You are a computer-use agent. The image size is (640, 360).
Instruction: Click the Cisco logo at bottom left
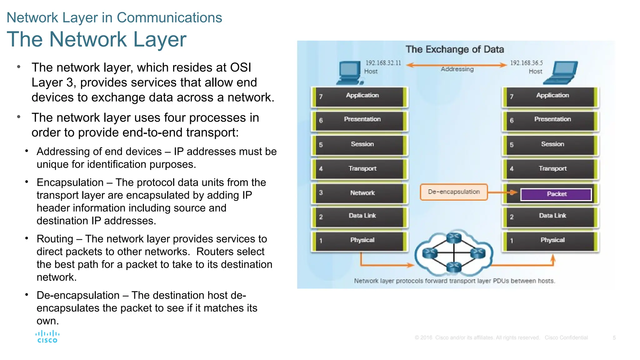(47, 337)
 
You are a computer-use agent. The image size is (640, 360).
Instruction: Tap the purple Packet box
(556, 194)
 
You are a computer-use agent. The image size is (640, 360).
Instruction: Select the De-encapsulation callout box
(453, 192)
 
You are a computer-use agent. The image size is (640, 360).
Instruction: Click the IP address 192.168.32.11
(383, 63)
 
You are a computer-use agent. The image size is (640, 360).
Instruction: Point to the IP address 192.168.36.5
(526, 63)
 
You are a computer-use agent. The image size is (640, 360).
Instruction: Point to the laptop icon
(561, 73)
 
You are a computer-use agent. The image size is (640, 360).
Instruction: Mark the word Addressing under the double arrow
(457, 69)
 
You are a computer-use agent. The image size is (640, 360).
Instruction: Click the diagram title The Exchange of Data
(455, 49)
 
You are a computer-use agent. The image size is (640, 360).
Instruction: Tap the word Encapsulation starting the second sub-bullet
(70, 182)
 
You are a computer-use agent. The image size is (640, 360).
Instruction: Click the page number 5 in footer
(614, 338)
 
